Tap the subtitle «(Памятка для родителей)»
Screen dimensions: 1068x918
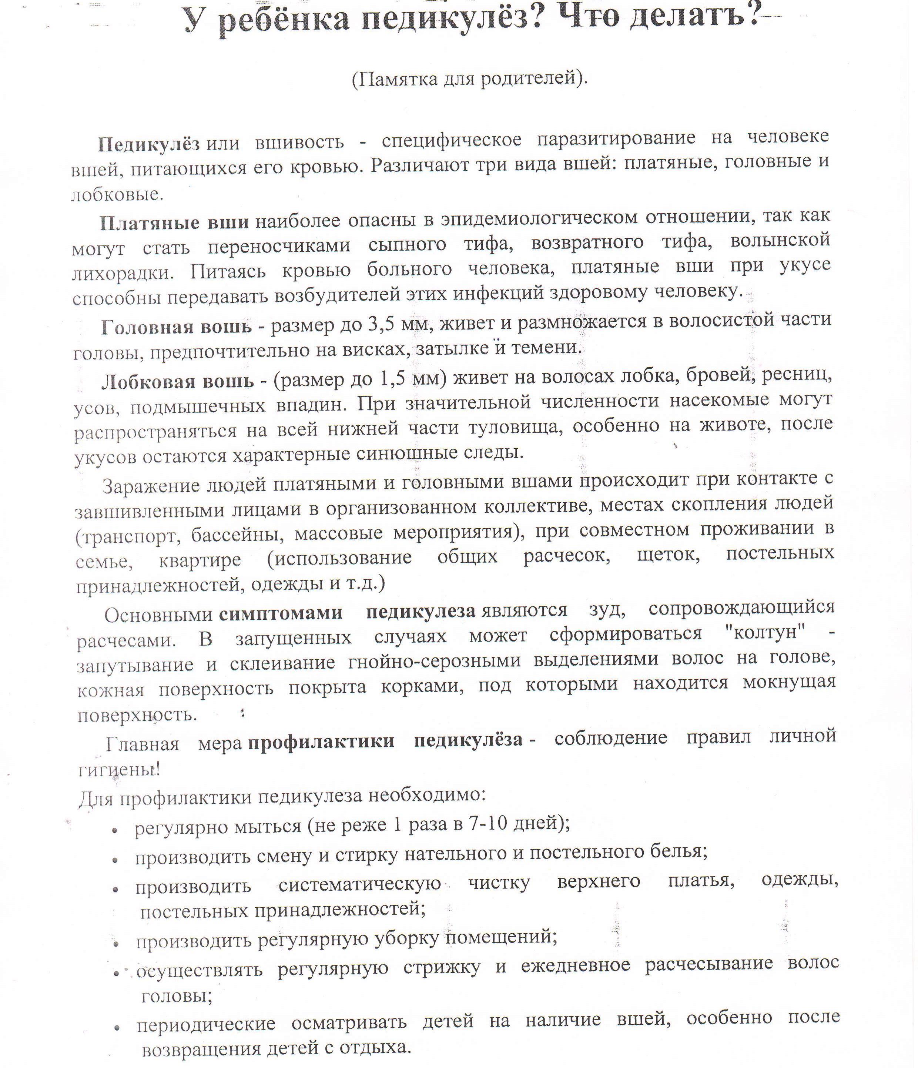pos(469,79)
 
